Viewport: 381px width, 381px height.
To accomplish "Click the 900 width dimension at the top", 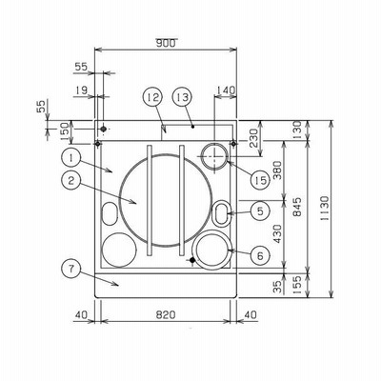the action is coord(166,43).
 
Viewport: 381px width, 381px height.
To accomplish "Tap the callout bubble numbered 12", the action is coord(152,97).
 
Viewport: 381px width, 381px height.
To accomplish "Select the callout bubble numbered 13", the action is coord(182,97).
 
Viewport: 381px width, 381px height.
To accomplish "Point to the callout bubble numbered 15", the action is coord(260,180).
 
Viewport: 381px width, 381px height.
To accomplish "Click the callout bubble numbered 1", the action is coord(71,158).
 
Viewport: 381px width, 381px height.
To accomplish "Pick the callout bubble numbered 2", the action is coord(71,180).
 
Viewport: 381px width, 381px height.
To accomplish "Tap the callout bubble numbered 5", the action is coord(260,211).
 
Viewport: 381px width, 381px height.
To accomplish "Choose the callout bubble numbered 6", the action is coord(260,255).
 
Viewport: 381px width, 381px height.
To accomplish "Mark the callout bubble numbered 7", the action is coord(71,269).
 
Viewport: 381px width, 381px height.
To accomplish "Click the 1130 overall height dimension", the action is coord(325,209).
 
